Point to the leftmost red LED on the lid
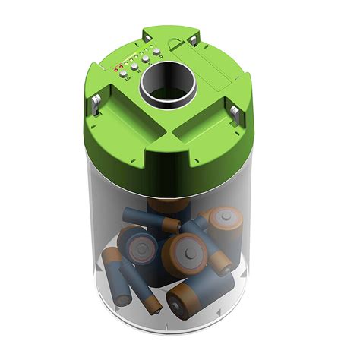115,70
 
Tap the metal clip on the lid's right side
236,113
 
